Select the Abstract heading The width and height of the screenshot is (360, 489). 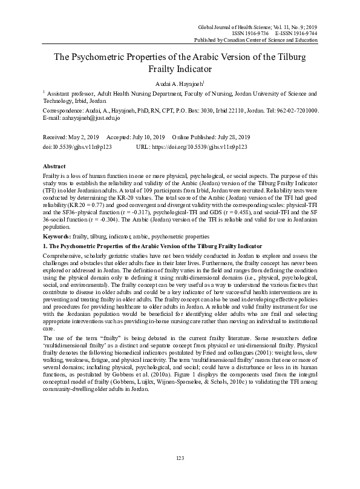55,165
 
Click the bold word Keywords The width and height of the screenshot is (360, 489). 57,227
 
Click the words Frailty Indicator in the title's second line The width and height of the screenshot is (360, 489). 180,70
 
